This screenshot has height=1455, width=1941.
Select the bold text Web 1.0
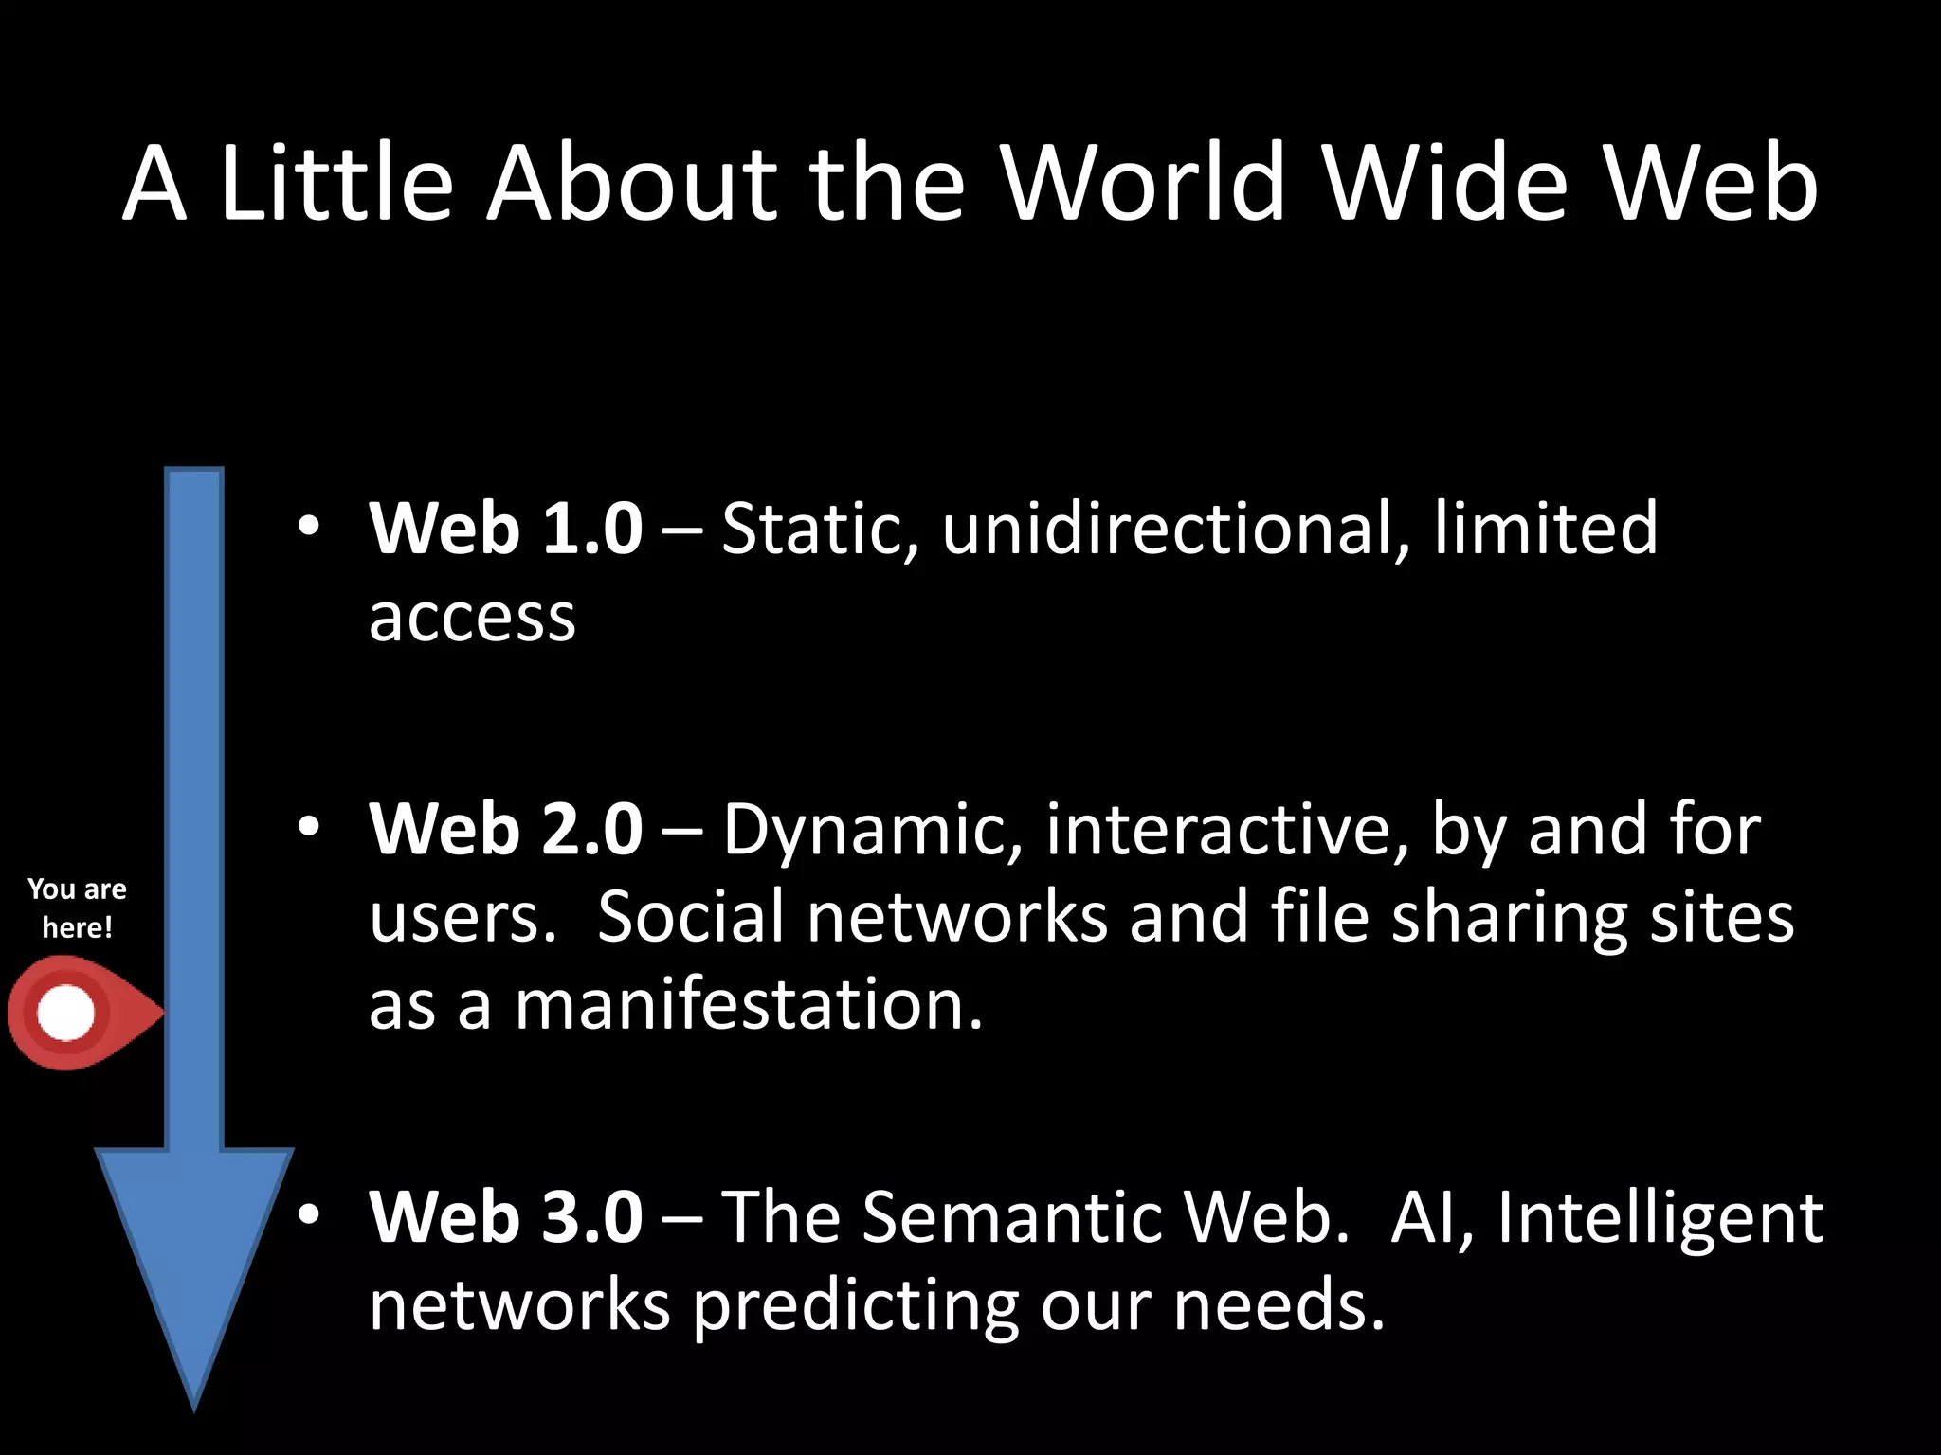[x=506, y=529]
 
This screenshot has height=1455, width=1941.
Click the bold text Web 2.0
[x=506, y=830]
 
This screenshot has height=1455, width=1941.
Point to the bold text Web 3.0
[x=506, y=1217]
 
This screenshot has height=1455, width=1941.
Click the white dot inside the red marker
[x=66, y=1013]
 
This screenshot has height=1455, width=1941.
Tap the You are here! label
[x=77, y=907]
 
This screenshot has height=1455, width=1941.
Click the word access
[x=472, y=618]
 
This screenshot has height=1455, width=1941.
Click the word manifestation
[x=748, y=1006]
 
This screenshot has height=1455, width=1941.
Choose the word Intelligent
[x=1660, y=1217]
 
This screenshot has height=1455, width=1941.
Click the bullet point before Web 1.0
[x=308, y=526]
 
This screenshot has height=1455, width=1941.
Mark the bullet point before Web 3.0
[x=308, y=1214]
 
